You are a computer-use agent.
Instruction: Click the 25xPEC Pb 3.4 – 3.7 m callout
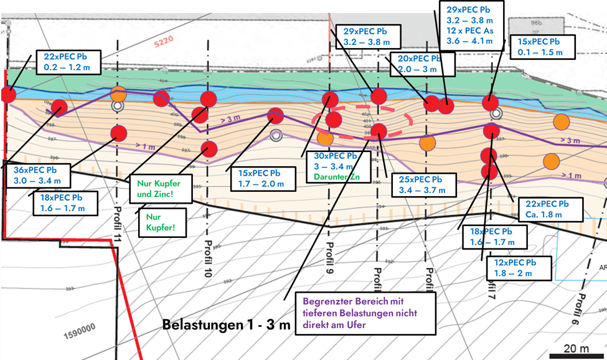[420, 183]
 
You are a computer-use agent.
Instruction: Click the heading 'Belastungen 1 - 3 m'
[226, 325]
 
